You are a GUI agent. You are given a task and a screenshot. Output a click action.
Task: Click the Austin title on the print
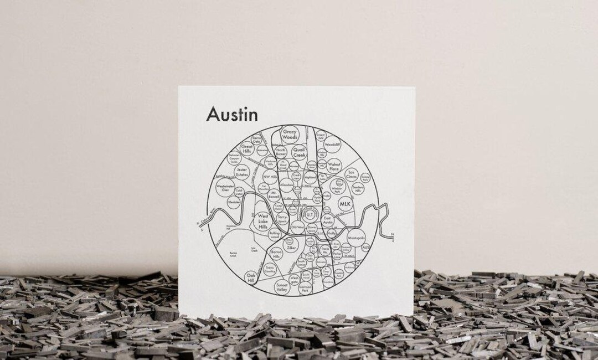tap(232, 115)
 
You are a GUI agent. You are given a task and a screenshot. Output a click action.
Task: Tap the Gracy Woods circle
tap(290, 134)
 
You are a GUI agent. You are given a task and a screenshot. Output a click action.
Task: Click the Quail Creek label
tap(299, 152)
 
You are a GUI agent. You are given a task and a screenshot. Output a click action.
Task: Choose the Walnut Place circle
tap(334, 164)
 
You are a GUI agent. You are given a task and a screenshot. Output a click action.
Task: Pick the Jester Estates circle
tap(241, 171)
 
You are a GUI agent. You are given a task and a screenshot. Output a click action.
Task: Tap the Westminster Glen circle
tap(225, 187)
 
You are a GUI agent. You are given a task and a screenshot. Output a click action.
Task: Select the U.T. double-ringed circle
tap(310, 213)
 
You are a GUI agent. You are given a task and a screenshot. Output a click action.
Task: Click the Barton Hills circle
tap(276, 254)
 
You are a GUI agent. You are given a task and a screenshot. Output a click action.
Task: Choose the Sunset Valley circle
tap(282, 287)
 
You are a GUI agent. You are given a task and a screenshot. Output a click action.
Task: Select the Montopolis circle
tap(357, 238)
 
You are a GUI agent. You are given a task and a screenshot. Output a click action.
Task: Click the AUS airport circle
tap(365, 248)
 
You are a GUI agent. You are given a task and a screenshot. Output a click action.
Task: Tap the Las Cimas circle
tap(352, 174)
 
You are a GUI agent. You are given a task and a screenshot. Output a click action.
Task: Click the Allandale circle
tap(286, 186)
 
